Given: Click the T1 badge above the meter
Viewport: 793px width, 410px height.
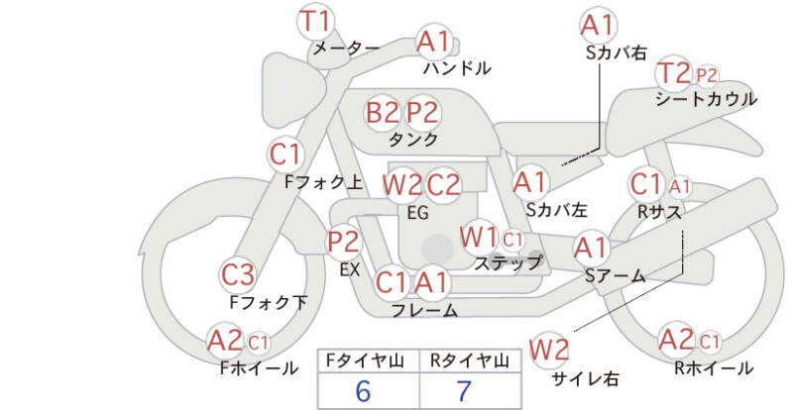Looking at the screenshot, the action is (x=314, y=22).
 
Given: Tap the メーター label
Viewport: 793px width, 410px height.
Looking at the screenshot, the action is (x=346, y=49).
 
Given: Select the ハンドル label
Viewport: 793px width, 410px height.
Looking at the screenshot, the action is (x=457, y=67).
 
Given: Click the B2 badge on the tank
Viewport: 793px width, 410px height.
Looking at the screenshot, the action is (x=382, y=112).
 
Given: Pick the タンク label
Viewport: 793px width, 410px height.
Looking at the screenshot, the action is (x=413, y=139).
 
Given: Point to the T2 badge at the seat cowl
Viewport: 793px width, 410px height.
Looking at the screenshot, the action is (x=674, y=74).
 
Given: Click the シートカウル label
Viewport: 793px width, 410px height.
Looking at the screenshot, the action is (x=706, y=99).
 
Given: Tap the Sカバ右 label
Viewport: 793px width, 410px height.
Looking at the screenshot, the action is (x=617, y=53).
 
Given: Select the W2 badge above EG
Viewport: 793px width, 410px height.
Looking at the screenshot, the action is (x=402, y=185).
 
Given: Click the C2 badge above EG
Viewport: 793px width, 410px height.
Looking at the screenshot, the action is (x=443, y=185).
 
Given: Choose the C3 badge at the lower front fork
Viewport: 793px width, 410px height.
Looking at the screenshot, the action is (x=238, y=275).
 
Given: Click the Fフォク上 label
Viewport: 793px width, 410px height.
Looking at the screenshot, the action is (x=324, y=182).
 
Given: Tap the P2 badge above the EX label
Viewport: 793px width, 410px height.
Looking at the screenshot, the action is (x=344, y=242).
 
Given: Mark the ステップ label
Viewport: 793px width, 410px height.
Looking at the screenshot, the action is (x=508, y=262).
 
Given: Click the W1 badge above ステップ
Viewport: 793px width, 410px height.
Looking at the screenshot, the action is (x=479, y=237).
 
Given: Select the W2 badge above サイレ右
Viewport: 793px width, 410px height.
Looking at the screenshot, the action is (x=549, y=349).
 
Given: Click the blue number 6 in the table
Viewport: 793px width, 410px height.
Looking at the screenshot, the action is (x=363, y=391).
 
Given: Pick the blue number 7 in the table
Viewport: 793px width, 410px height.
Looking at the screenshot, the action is (x=463, y=391).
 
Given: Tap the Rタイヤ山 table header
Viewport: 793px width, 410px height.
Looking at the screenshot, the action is (x=470, y=360).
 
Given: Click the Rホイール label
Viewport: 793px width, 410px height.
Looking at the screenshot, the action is (x=714, y=368).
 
